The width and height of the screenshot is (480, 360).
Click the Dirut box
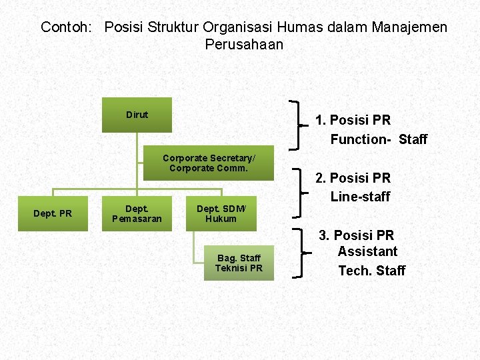(137, 115)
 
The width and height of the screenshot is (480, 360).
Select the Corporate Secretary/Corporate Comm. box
(209, 163)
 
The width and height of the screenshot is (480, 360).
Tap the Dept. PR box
(53, 213)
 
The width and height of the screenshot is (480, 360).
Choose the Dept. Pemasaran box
(137, 213)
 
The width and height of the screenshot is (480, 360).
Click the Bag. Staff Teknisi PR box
(239, 263)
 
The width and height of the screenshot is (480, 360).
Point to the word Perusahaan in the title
(244, 45)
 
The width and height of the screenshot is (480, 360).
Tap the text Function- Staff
(379, 139)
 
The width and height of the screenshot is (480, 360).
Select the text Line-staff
(360, 196)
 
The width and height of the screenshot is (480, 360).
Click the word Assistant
(367, 251)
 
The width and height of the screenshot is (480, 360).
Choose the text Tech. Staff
(372, 270)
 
